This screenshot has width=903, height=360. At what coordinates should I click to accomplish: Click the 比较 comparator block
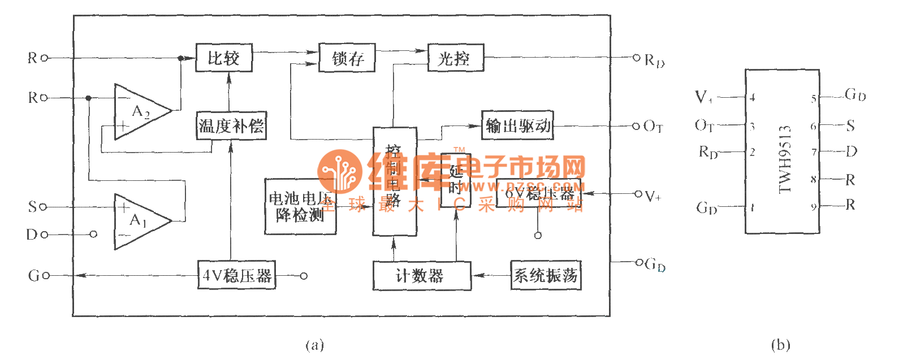(224, 58)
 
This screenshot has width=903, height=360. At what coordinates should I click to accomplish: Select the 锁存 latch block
(347, 58)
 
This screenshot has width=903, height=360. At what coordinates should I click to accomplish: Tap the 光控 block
(455, 58)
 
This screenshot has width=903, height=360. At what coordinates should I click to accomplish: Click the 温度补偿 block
(231, 125)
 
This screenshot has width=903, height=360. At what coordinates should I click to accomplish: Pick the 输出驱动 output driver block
(517, 125)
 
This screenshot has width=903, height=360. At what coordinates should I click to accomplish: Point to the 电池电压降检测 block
(300, 206)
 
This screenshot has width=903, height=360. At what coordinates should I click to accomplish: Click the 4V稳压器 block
(236, 275)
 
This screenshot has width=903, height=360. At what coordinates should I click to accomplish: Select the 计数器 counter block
(422, 276)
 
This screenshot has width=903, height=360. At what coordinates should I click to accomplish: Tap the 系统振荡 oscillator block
(546, 275)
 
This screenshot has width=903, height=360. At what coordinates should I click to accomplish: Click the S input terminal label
(33, 207)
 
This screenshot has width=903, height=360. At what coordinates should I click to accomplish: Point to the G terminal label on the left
(33, 276)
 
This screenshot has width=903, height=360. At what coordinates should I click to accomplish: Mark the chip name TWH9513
(784, 159)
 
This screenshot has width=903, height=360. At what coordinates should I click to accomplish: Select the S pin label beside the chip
(850, 126)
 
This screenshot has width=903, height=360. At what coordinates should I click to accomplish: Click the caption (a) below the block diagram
(314, 345)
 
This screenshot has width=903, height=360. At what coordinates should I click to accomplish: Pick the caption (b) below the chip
(780, 345)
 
